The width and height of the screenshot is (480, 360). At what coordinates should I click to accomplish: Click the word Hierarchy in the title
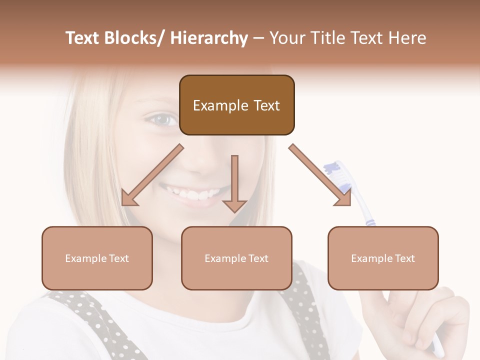click(x=209, y=38)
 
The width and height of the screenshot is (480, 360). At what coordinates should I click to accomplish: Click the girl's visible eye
click(x=165, y=120)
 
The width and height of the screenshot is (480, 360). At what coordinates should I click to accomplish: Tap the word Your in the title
click(x=287, y=38)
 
